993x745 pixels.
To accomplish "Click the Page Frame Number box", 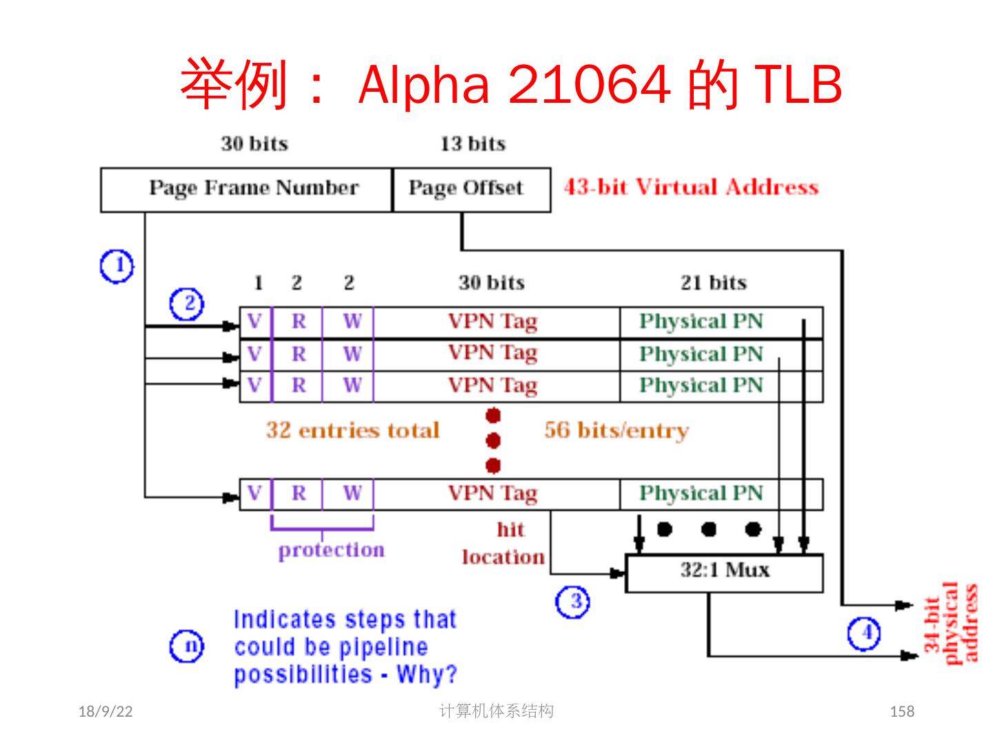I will coord(253,188).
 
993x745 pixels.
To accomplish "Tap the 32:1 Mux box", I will coord(724,572).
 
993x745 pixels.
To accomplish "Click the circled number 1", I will coord(117,266).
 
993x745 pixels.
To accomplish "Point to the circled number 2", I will coord(186,304).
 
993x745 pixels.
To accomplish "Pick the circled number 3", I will coord(572,602).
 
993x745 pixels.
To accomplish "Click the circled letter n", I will coord(187,646).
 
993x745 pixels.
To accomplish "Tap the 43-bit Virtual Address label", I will coord(691,188).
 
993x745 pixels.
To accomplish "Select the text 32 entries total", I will coord(352,430).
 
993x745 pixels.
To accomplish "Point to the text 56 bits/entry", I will coord(616,430).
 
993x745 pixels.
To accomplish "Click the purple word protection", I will coord(331,550).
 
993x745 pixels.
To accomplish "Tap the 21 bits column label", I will coord(713,283).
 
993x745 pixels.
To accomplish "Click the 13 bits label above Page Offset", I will coord(472,143).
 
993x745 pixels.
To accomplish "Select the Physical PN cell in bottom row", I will coord(701,494).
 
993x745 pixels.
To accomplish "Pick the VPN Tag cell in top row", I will coord(492,322).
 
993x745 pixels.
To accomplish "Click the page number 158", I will coord(902,711).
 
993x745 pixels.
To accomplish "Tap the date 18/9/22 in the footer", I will coord(106,711).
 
